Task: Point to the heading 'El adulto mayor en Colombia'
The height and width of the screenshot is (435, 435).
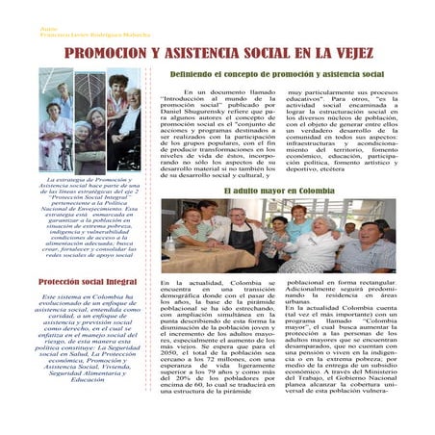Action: (279, 192)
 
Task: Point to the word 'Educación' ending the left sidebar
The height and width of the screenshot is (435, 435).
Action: (87, 379)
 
